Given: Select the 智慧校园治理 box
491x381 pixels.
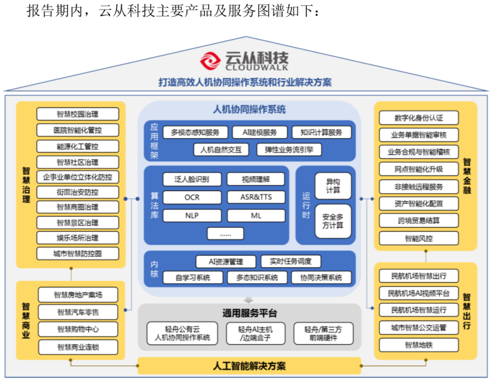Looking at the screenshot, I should (78, 114).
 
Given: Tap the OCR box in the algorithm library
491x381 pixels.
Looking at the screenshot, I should (192, 198).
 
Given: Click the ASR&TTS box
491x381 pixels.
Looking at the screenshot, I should (256, 198).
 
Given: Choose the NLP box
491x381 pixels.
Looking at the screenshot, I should (192, 215).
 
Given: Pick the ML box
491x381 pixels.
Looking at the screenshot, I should (256, 215).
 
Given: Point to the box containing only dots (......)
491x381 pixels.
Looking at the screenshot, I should (225, 234).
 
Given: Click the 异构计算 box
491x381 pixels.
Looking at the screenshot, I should (333, 186).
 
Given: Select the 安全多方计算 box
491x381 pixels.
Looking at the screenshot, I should (333, 221).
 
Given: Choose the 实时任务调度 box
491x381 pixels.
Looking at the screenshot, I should (291, 261).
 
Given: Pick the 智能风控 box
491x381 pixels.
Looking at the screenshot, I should (419, 238).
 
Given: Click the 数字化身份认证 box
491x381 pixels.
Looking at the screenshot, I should (419, 118).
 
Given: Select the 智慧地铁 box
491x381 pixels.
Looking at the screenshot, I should (419, 345).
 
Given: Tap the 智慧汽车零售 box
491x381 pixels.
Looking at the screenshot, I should (78, 312).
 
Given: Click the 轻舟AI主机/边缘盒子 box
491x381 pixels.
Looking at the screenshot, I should (256, 333).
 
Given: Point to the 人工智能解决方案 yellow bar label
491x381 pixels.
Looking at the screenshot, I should (249, 366).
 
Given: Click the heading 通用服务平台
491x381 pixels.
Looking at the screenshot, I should (249, 314).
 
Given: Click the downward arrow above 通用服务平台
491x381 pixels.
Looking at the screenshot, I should (249, 300).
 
